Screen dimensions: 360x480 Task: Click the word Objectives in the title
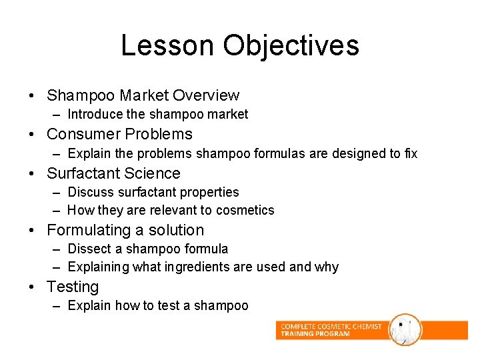(x=291, y=45)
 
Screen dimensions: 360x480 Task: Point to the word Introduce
(x=95, y=115)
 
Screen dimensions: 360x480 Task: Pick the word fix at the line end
(x=411, y=153)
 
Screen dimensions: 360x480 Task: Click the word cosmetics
(x=246, y=210)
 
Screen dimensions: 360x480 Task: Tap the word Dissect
(x=89, y=249)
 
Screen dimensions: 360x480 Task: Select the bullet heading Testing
(x=73, y=287)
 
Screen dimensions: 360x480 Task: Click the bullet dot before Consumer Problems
(x=32, y=135)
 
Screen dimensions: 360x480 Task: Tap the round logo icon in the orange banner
(x=405, y=330)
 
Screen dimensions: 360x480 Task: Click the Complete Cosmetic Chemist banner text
(x=331, y=330)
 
